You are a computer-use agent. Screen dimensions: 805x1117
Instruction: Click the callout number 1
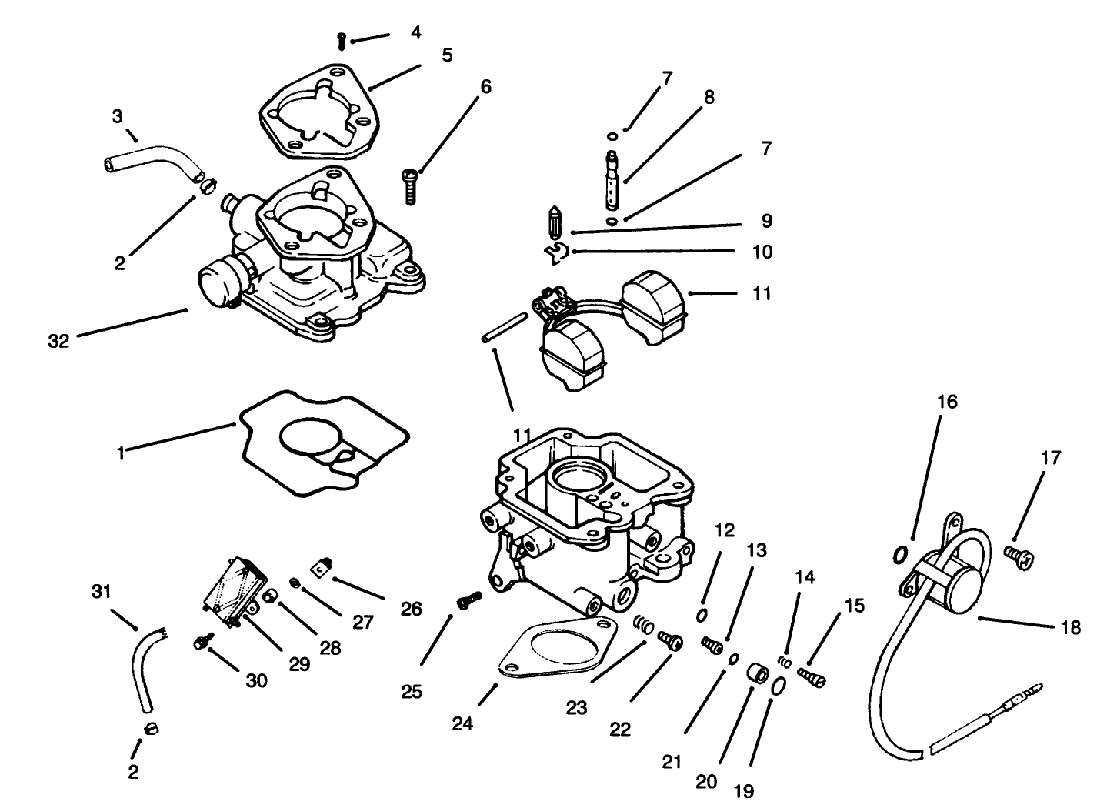pyautogui.click(x=120, y=453)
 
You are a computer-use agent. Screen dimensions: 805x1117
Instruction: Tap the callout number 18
pyautogui.click(x=1070, y=627)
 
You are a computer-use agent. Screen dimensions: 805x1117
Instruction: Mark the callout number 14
pyautogui.click(x=805, y=576)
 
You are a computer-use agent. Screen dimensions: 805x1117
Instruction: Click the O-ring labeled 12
pyautogui.click(x=702, y=615)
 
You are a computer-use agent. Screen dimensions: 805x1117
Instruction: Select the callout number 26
pyautogui.click(x=411, y=609)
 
